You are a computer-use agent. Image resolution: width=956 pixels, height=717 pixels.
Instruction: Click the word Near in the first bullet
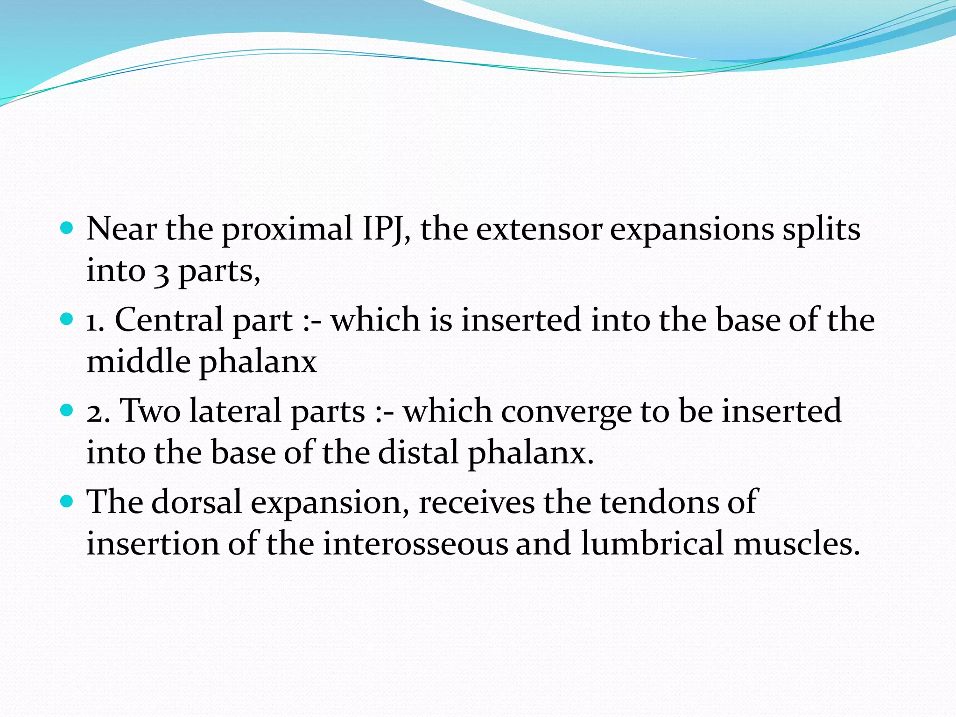tap(121, 229)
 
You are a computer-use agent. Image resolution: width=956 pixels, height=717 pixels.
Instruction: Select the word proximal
tap(287, 230)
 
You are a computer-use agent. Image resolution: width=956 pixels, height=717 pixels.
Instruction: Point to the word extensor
tap(539, 230)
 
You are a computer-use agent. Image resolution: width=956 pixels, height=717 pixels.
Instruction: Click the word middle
tap(139, 362)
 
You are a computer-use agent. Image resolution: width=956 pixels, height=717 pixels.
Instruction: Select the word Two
tap(150, 411)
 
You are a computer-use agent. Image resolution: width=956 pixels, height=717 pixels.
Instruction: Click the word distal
tap(418, 453)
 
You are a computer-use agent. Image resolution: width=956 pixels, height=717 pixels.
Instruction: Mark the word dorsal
tap(196, 502)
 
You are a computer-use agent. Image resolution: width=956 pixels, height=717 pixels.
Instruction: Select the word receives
tap(476, 502)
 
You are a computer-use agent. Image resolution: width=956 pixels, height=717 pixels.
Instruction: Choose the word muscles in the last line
tap(796, 544)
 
